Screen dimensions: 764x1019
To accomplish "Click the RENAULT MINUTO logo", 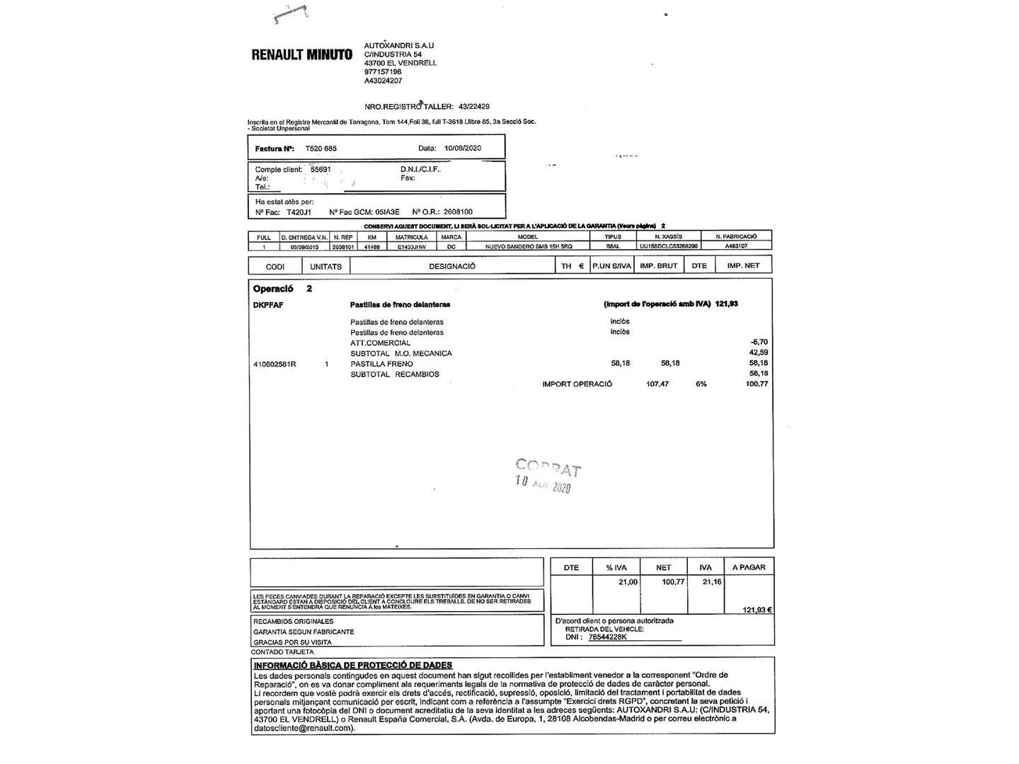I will (x=301, y=54).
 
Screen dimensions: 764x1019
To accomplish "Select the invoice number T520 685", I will (x=321, y=149).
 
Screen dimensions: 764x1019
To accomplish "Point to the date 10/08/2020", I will (x=462, y=149).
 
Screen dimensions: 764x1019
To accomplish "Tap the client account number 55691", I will (x=321, y=170).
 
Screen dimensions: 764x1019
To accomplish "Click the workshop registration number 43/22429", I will (x=473, y=107).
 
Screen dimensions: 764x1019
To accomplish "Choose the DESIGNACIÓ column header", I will (x=452, y=266).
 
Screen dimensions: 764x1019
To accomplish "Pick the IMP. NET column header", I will (x=743, y=266).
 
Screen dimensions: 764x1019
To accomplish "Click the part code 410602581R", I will (x=275, y=364).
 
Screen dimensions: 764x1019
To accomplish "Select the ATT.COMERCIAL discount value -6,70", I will (x=759, y=342).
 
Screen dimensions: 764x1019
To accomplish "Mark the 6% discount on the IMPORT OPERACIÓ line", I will (x=701, y=384).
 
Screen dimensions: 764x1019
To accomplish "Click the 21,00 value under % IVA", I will (x=627, y=582).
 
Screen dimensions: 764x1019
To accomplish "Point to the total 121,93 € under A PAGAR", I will (x=756, y=610).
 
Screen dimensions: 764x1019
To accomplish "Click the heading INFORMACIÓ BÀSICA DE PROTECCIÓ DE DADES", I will (x=352, y=665).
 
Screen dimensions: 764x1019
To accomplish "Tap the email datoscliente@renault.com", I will (x=303, y=728).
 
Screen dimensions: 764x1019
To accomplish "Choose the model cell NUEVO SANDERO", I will (x=528, y=247).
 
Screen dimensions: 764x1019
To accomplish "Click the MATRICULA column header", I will (x=411, y=237).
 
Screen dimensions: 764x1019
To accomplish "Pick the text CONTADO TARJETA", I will (x=282, y=652).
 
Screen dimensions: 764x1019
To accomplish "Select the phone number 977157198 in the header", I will (x=383, y=72).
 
